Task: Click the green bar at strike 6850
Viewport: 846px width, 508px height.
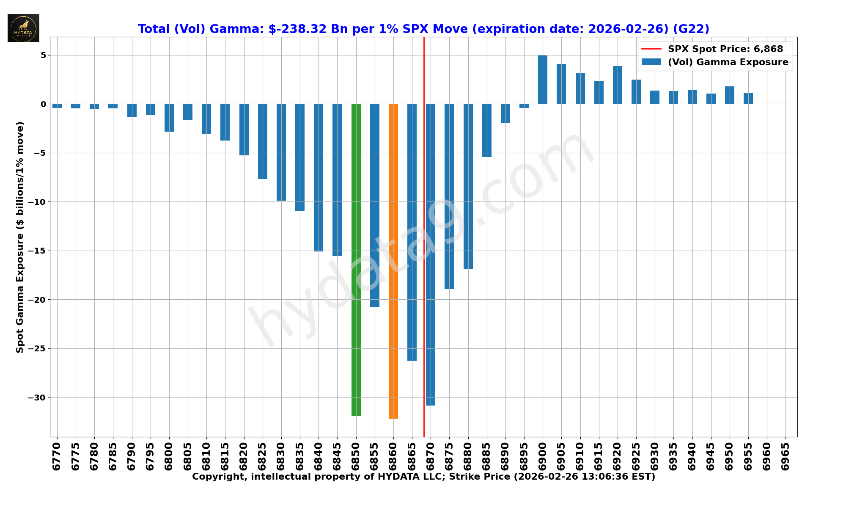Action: point(356,260)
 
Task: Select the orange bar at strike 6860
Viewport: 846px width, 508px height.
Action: point(393,261)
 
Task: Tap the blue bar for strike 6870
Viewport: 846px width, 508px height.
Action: point(431,254)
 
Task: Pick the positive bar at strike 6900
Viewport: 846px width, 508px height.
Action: point(543,80)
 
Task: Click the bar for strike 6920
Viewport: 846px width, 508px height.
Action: point(618,85)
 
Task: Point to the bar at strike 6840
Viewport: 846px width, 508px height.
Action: point(319,177)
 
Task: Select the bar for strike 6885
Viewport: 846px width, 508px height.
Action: point(487,130)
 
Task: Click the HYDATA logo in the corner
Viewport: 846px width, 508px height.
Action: point(23,28)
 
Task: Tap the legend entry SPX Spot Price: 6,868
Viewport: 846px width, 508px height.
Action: point(725,49)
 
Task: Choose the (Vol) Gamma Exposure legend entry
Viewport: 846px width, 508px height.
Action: point(728,62)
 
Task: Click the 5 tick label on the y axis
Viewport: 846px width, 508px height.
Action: point(43,55)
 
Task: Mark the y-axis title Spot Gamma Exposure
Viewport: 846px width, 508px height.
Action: point(20,237)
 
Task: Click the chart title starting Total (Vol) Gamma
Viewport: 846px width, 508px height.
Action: point(423,29)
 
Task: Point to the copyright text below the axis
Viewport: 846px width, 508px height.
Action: point(423,477)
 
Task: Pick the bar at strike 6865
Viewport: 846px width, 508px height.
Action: point(412,232)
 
